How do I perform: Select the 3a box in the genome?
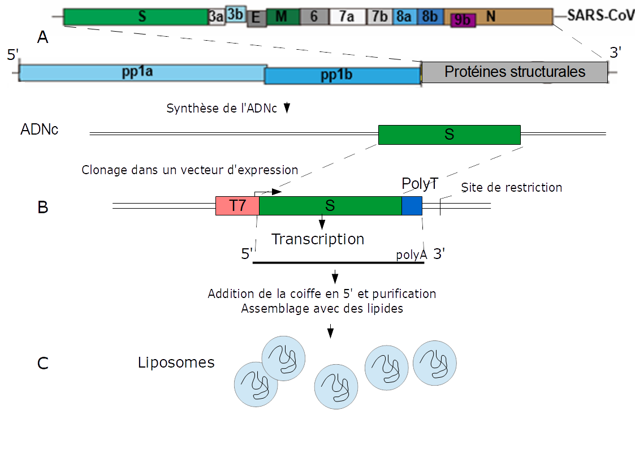[216, 18]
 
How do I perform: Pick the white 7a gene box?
[347, 17]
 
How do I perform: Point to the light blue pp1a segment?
[141, 73]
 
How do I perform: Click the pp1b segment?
[342, 76]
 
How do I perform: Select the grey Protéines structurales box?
[515, 72]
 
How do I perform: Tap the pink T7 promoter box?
[237, 206]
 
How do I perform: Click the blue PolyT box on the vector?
[412, 206]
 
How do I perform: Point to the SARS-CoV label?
[601, 16]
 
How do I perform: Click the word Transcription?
[318, 239]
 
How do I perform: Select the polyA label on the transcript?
[411, 255]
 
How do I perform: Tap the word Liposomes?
[176, 362]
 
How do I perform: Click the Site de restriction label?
[511, 187]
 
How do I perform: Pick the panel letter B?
[42, 208]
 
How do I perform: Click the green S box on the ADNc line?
[449, 135]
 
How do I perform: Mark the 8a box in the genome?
[404, 17]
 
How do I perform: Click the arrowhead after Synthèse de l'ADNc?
[286, 108]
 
